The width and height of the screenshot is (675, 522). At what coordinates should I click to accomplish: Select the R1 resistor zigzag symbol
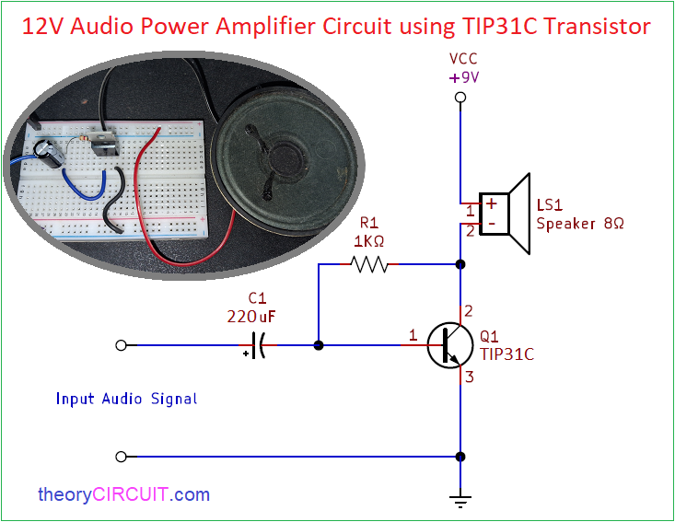[369, 264]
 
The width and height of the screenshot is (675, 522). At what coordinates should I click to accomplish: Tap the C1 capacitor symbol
[258, 345]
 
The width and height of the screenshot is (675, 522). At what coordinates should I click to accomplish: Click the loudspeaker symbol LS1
[505, 214]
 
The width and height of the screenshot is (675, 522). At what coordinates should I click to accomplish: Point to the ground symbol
[460, 502]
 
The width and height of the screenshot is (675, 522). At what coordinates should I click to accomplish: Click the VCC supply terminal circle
[460, 98]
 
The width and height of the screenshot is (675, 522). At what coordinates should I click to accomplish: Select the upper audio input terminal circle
[122, 345]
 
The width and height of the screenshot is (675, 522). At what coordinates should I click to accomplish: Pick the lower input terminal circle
[122, 457]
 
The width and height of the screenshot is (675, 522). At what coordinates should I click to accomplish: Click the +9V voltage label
[463, 77]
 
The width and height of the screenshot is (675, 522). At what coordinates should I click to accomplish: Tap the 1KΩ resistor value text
[369, 241]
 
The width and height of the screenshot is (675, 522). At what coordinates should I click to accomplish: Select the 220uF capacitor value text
[251, 317]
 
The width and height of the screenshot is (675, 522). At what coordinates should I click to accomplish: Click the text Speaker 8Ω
[580, 224]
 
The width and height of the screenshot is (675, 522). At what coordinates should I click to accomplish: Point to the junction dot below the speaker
[460, 264]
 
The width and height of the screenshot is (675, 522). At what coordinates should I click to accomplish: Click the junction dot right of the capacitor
[319, 345]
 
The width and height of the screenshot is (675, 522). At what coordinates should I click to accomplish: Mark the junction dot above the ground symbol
[460, 457]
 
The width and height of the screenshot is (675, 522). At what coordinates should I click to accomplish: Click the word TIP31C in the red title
[500, 27]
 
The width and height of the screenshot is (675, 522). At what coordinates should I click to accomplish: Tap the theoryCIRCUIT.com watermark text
[124, 494]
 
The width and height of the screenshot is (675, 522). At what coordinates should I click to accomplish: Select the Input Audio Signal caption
[126, 399]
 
